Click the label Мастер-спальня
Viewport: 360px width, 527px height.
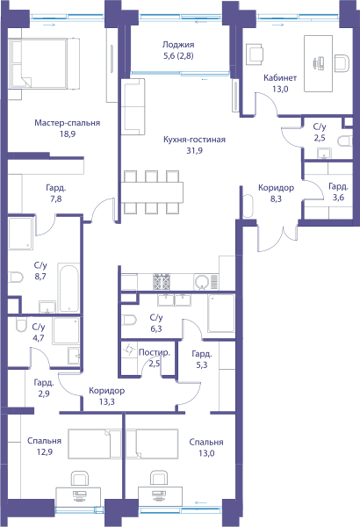tap(68, 123)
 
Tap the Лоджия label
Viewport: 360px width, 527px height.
tap(178, 45)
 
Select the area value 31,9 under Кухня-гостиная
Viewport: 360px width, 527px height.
tap(194, 151)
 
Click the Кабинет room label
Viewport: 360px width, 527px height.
tap(280, 78)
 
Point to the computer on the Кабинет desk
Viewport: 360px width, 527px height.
tap(319, 63)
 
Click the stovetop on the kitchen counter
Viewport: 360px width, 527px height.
tap(162, 282)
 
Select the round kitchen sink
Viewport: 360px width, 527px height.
tap(201, 282)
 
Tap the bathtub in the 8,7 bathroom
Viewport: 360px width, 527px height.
tap(68, 288)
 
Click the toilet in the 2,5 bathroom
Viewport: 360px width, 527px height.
tap(345, 141)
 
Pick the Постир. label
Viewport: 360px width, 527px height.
tap(155, 352)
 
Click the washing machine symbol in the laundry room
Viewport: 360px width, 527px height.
tap(129, 350)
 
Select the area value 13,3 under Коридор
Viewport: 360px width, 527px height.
tap(107, 401)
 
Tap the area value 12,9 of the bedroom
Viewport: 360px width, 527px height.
tap(45, 452)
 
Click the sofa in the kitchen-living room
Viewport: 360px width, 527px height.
tap(133, 107)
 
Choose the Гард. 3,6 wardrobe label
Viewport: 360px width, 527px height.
tap(338, 191)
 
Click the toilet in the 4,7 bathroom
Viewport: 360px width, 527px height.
tap(21, 325)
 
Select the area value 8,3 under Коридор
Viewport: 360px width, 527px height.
tap(276, 199)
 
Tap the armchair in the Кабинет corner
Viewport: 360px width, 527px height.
tap(255, 54)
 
